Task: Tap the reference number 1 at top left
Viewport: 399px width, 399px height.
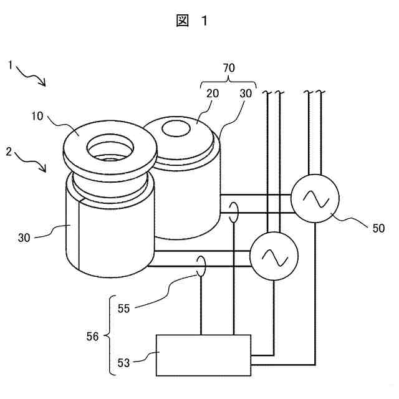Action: coord(11,64)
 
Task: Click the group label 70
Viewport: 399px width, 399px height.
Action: coord(229,67)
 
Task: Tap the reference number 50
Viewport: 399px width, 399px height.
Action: coord(378,228)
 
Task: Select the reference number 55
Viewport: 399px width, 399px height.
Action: coord(125,307)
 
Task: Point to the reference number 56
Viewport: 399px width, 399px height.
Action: coord(92,335)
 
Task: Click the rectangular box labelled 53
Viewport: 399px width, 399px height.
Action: coord(203,355)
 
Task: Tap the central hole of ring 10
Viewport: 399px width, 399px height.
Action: coord(109,149)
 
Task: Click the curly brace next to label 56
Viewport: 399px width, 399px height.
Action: coord(107,335)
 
